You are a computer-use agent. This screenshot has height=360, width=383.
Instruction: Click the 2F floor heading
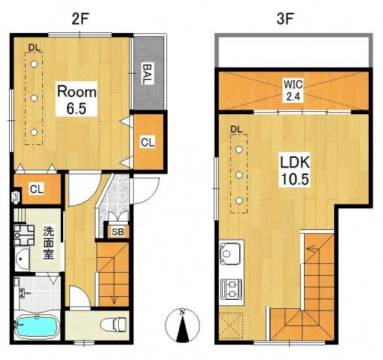pyautogui.click(x=81, y=19)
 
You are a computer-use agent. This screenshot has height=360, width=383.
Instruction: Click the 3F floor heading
pyautogui.click(x=285, y=19)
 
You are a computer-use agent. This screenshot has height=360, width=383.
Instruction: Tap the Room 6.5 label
pyautogui.click(x=77, y=100)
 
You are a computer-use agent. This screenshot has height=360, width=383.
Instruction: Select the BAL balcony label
pyautogui.click(x=147, y=74)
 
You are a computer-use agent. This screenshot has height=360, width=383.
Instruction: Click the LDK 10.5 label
pyautogui.click(x=295, y=171)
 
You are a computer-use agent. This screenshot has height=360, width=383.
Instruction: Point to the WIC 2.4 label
pyautogui.click(x=293, y=90)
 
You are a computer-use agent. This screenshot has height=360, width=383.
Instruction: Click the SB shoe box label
pyautogui.click(x=117, y=232)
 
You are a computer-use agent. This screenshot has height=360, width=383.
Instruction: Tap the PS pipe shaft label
pyautogui.click(x=16, y=196)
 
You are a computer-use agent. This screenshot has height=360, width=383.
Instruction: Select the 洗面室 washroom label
pyautogui.click(x=48, y=243)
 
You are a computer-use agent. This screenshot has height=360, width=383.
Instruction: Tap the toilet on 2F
pyautogui.click(x=114, y=325)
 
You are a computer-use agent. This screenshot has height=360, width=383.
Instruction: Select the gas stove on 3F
pyautogui.click(x=232, y=289)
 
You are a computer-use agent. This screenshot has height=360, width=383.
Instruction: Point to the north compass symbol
pyautogui.click(x=182, y=325)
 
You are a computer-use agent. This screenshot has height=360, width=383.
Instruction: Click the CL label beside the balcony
pyautogui.click(x=147, y=143)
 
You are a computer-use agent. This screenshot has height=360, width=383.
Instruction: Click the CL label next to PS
pyautogui.click(x=37, y=189)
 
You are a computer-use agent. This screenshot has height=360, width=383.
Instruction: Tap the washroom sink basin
pyautogui.click(x=22, y=259)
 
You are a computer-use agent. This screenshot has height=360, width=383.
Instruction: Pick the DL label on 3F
pyautogui.click(x=236, y=129)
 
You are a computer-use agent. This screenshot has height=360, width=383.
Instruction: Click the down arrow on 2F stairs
pyautogui.click(x=114, y=300)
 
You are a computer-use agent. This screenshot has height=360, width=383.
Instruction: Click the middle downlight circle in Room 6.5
pyautogui.click(x=34, y=98)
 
